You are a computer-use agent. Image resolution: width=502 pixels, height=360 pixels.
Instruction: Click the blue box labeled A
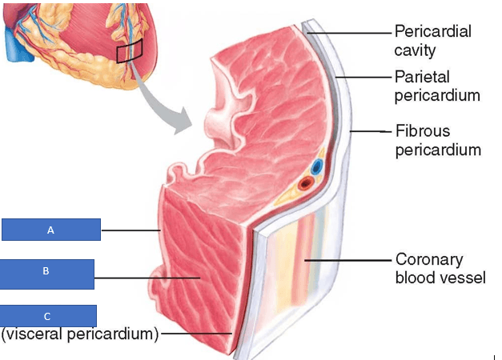coord(51,230)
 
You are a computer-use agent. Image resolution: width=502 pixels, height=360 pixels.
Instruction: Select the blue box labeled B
coord(46,274)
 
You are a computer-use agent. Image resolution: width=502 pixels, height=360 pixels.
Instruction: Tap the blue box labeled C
coord(48,316)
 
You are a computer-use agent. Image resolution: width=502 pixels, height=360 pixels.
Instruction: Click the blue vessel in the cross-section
coord(316,166)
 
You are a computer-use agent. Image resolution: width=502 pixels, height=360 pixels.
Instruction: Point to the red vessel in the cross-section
coord(305,184)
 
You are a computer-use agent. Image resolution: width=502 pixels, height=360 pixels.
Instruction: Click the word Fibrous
coord(423,131)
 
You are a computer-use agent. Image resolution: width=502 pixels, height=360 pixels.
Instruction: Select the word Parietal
coord(422,77)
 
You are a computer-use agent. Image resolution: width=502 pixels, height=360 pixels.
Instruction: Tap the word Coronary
coord(429,259)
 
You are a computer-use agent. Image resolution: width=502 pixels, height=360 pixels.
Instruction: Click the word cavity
coord(415,50)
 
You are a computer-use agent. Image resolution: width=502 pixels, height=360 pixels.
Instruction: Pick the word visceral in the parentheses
coord(34,334)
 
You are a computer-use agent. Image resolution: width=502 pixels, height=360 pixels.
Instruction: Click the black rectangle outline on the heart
coord(130,51)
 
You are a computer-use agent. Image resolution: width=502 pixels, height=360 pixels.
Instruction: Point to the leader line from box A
coord(131,230)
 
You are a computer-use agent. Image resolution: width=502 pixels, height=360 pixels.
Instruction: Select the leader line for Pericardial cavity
coord(349,33)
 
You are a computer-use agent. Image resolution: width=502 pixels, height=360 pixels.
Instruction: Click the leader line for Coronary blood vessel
coord(348,261)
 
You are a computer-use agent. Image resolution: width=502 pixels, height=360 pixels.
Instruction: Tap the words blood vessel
coord(440,278)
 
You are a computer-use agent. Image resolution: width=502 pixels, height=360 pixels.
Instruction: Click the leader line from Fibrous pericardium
coord(371,131)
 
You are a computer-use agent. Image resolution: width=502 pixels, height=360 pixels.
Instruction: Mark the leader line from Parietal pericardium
coord(363,77)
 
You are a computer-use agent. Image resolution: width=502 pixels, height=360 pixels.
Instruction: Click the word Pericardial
coord(433,31)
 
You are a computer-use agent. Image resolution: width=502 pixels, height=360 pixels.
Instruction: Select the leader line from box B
coord(147,278)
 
